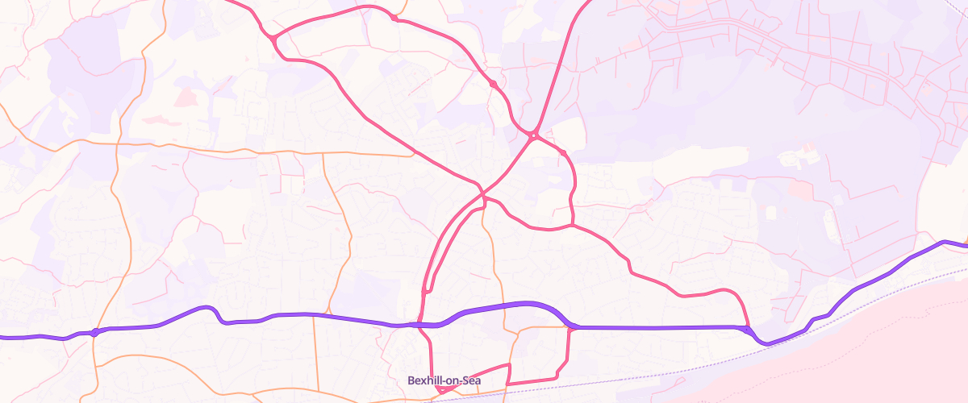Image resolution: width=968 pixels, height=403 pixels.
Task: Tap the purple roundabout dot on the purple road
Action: (x=95, y=332)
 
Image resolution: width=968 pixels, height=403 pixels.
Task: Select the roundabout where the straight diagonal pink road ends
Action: (x=534, y=135)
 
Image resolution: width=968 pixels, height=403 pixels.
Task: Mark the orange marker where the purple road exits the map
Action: (x=965, y=243)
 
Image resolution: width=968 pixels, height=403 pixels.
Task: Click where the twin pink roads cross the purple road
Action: (x=420, y=324)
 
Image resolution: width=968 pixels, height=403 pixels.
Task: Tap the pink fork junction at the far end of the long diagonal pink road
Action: (x=274, y=38)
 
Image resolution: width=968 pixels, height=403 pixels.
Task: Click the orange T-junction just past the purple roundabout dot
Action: (x=94, y=342)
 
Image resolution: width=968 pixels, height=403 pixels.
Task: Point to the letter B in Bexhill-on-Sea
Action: (x=411, y=380)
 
